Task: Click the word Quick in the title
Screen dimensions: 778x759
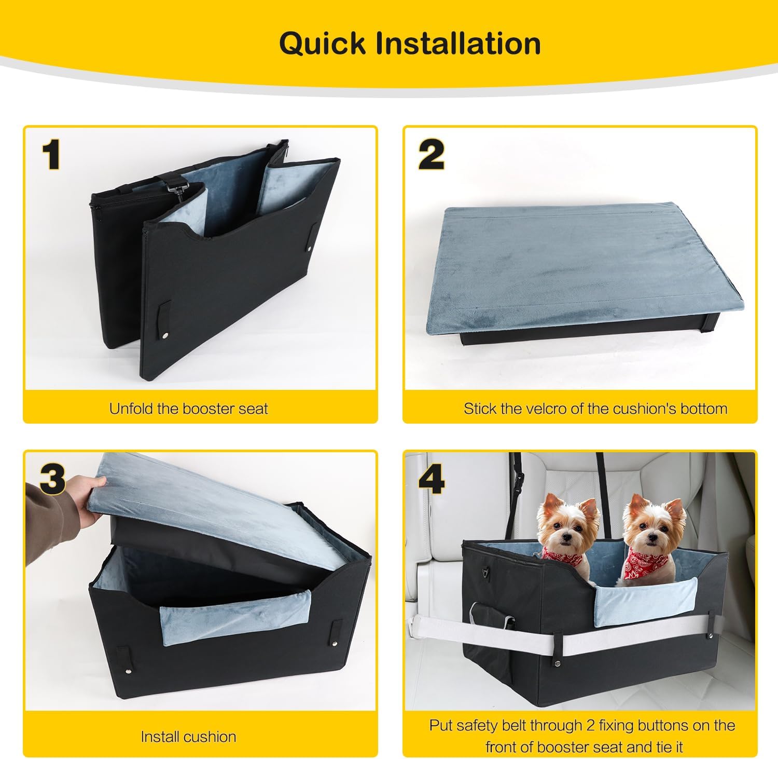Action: [x=322, y=43]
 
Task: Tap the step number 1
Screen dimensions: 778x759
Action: [x=51, y=154]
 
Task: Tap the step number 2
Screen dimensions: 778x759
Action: [x=432, y=154]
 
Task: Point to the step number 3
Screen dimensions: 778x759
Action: [x=52, y=478]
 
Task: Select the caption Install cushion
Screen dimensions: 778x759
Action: [x=188, y=736]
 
